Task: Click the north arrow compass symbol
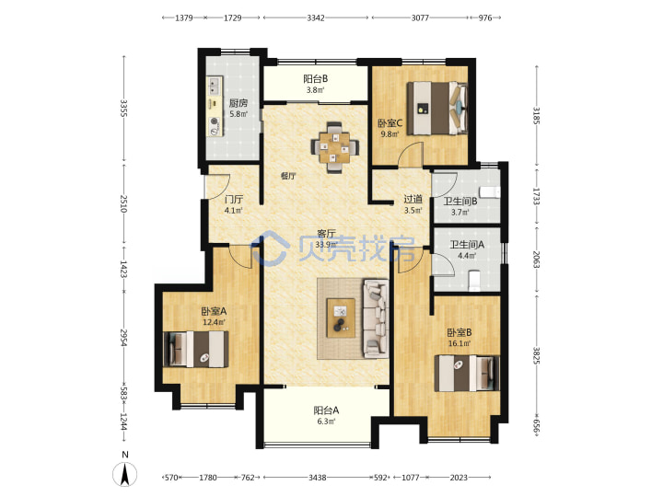tap(124, 474)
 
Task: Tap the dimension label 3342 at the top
tap(316, 17)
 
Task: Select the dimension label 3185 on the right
tap(536, 115)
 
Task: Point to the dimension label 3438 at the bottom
tap(317, 478)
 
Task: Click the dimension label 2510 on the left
tap(123, 203)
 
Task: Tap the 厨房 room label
tap(238, 103)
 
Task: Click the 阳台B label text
tap(315, 78)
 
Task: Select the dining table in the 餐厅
tap(335, 147)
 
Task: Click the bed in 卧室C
tap(436, 109)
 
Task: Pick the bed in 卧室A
tap(196, 349)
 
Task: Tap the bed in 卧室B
tap(467, 373)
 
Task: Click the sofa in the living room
tap(376, 318)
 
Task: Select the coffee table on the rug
tap(341, 318)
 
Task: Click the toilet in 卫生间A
tap(475, 281)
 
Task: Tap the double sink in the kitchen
tap(215, 87)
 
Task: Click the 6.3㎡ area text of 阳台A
tap(326, 422)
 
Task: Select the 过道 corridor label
tap(413, 199)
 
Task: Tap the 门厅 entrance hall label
tap(234, 199)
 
